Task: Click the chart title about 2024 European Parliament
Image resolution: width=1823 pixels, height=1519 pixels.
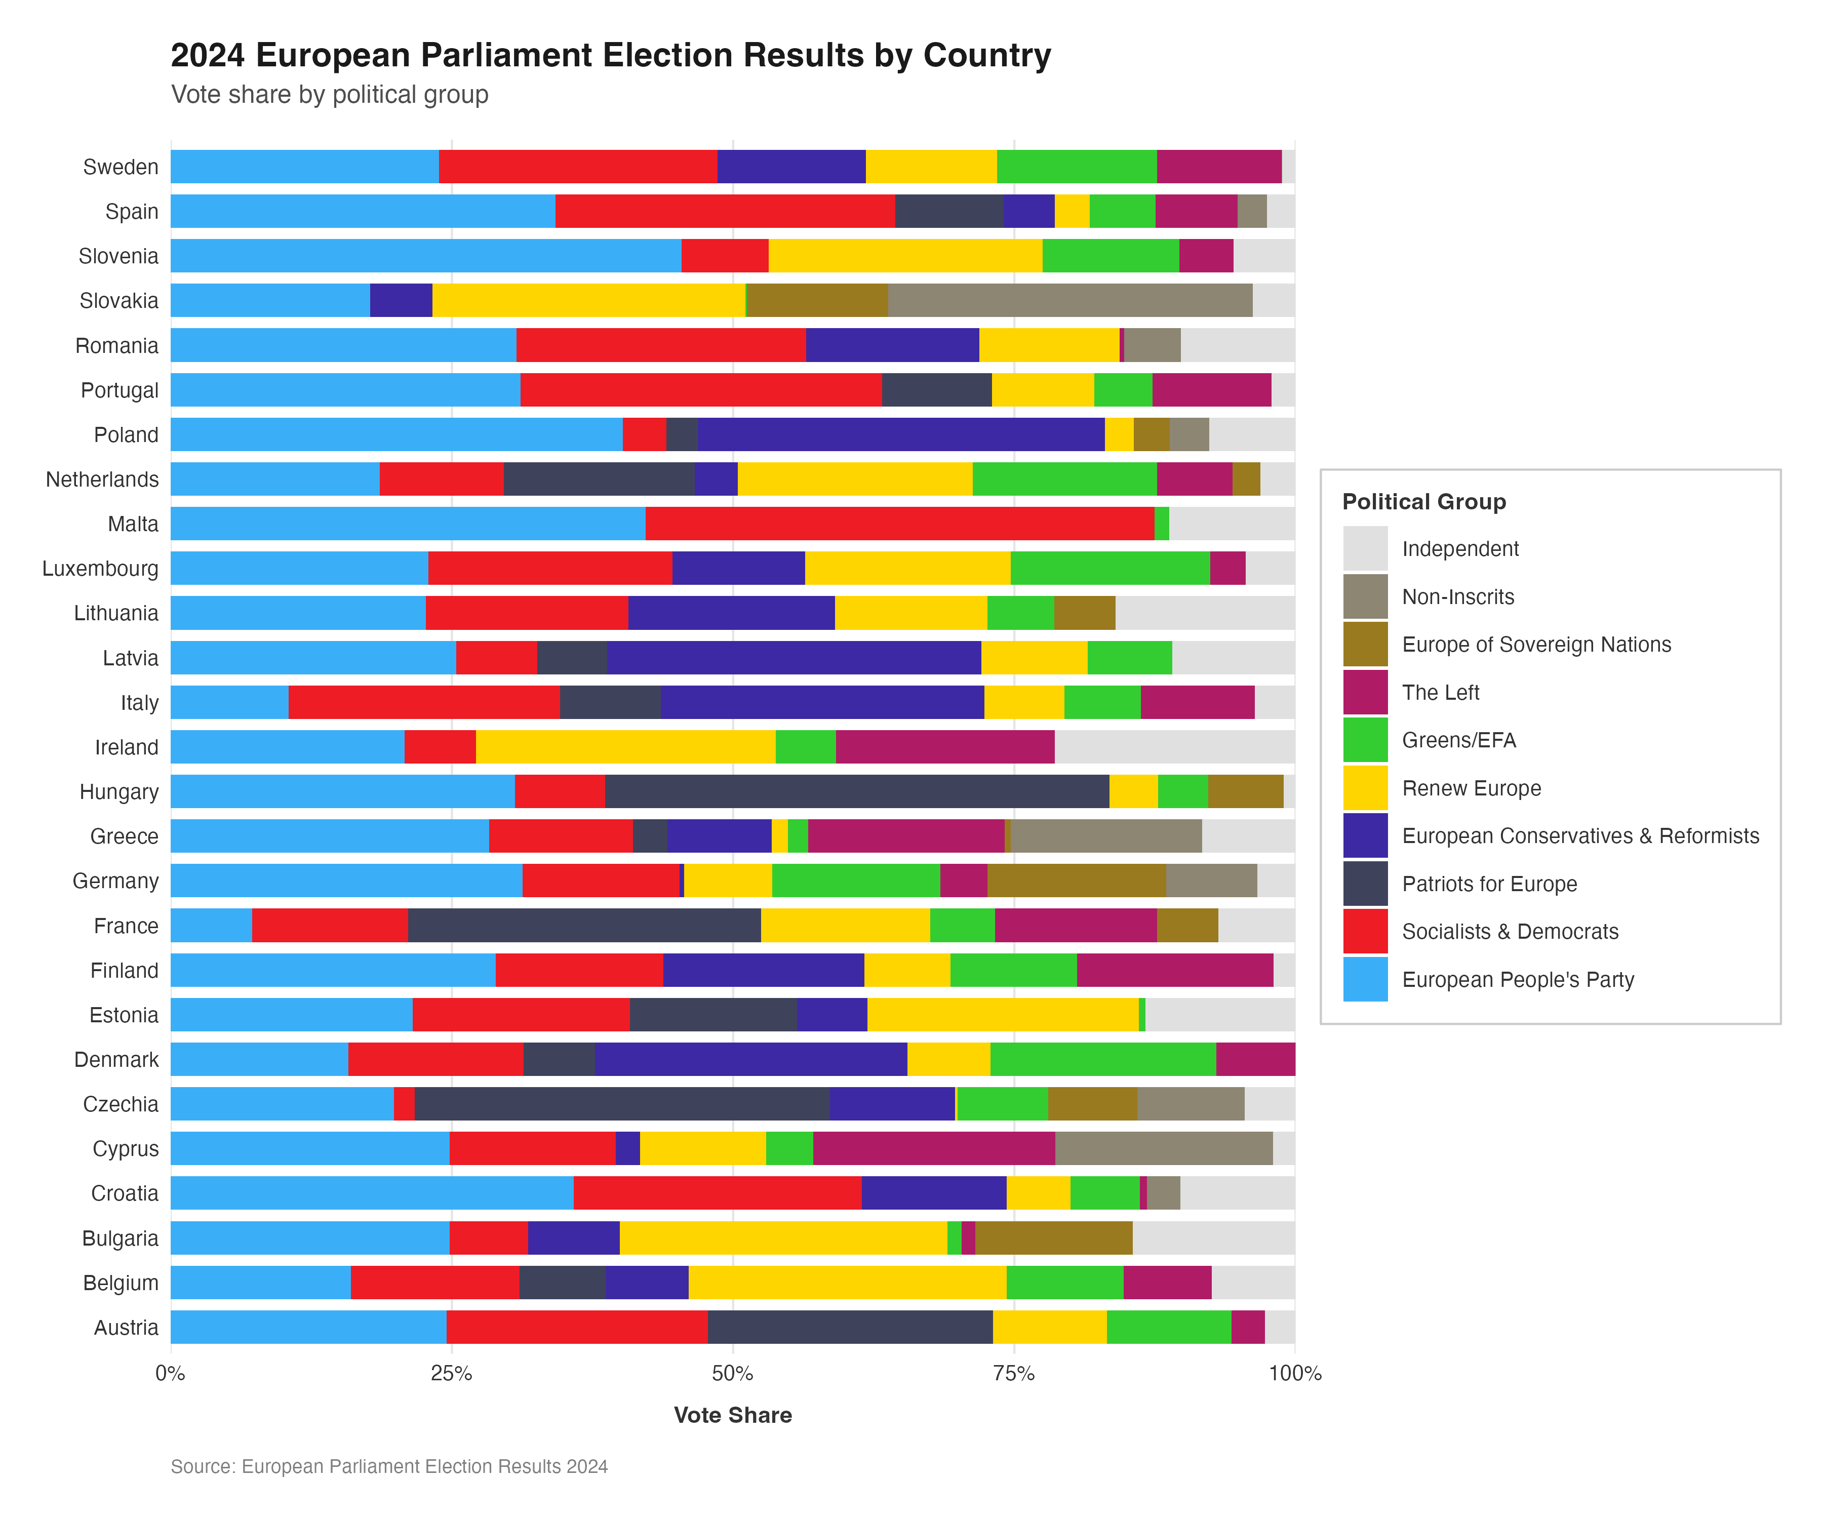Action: click(x=610, y=55)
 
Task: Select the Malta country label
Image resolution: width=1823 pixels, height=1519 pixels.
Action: click(x=133, y=524)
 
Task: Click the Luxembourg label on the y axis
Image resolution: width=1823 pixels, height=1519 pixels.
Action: click(x=101, y=569)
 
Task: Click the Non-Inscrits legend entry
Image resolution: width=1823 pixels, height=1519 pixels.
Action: click(x=1457, y=597)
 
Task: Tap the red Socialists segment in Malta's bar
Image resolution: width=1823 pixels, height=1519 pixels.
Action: click(x=899, y=524)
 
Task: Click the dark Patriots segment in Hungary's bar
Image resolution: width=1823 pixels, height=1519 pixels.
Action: click(x=857, y=791)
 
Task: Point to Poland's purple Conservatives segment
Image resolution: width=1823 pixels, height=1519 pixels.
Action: click(x=900, y=435)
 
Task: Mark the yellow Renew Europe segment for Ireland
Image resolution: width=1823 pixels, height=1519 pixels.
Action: click(x=625, y=747)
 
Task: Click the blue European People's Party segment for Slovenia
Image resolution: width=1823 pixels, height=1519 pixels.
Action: click(x=425, y=256)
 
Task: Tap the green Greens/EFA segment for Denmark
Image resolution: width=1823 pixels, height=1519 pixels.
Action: click(x=1102, y=1060)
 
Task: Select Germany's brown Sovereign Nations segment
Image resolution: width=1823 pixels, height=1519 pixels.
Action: click(x=1077, y=881)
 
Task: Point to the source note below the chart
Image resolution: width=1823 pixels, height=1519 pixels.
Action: click(x=389, y=1467)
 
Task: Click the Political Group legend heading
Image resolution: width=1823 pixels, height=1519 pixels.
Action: click(x=1423, y=502)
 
